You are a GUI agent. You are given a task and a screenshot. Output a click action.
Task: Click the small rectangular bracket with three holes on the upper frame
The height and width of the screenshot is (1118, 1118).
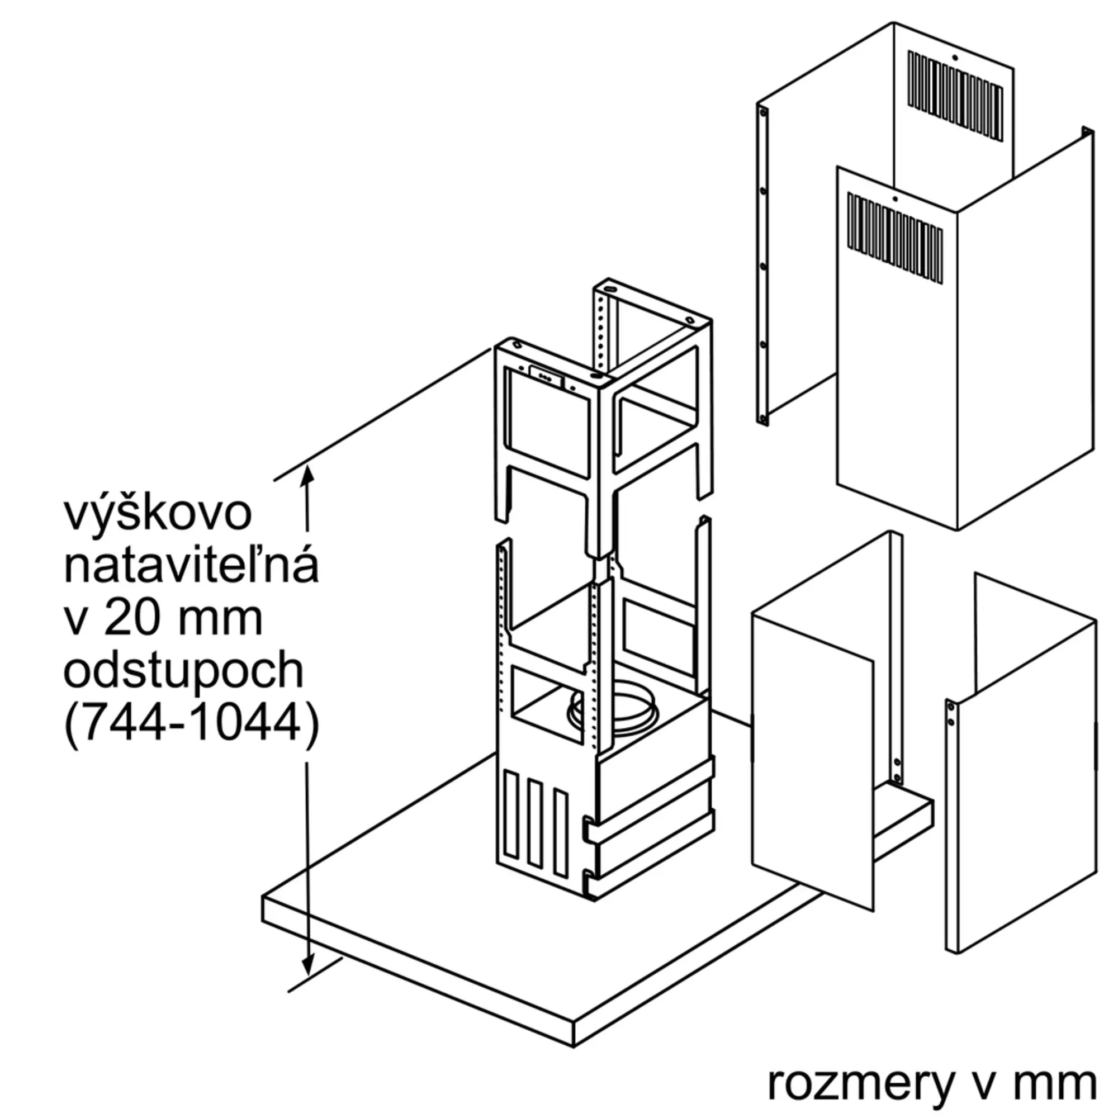[x=546, y=376]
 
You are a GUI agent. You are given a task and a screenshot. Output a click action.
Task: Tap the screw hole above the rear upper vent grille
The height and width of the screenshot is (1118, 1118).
[x=955, y=57]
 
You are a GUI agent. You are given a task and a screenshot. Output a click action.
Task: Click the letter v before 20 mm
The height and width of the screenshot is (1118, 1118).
[x=76, y=623]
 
